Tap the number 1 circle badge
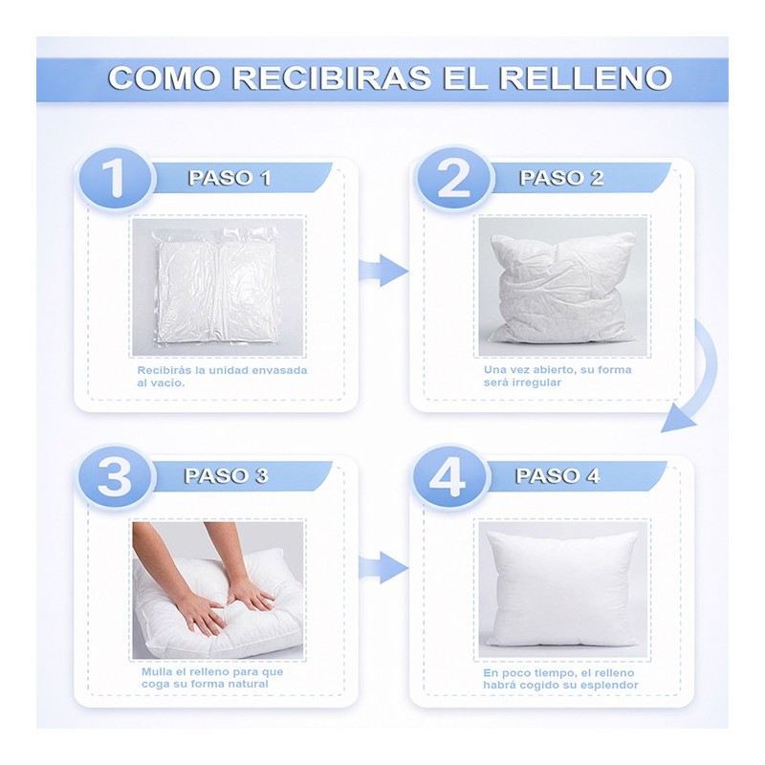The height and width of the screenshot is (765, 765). [114, 178]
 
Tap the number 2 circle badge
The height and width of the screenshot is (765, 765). [451, 178]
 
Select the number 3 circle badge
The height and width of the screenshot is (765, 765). [114, 476]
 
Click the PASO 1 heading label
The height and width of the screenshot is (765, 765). [229, 178]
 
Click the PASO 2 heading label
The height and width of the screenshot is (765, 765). [561, 178]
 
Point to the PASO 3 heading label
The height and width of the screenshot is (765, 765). [227, 476]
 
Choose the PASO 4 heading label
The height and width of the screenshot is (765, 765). [557, 476]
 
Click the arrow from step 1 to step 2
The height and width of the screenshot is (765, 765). [383, 270]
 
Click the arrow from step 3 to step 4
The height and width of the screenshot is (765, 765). [383, 567]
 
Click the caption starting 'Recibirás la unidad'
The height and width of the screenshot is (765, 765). [222, 376]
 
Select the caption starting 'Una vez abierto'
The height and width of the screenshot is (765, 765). [557, 376]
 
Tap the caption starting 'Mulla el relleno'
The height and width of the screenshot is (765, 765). [212, 677]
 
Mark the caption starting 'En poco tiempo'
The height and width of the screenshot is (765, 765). [557, 679]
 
